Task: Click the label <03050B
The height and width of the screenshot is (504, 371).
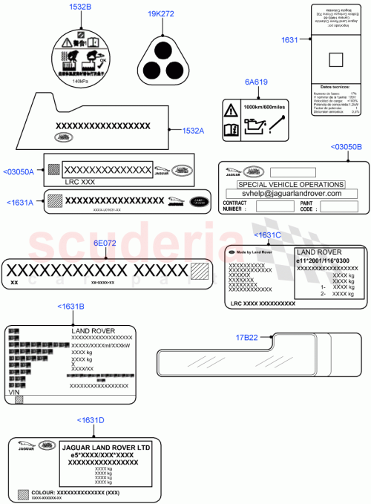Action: click(346, 147)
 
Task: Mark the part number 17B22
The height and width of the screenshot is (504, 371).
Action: click(247, 337)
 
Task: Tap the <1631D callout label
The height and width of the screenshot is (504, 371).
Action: click(91, 420)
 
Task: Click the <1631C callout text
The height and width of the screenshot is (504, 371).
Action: click(268, 235)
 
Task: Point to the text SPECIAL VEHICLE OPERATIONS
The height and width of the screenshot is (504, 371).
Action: click(290, 184)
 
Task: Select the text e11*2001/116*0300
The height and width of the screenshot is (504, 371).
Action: click(326, 261)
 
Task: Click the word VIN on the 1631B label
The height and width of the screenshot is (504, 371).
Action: click(14, 391)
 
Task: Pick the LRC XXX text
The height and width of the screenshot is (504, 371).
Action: click(79, 182)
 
